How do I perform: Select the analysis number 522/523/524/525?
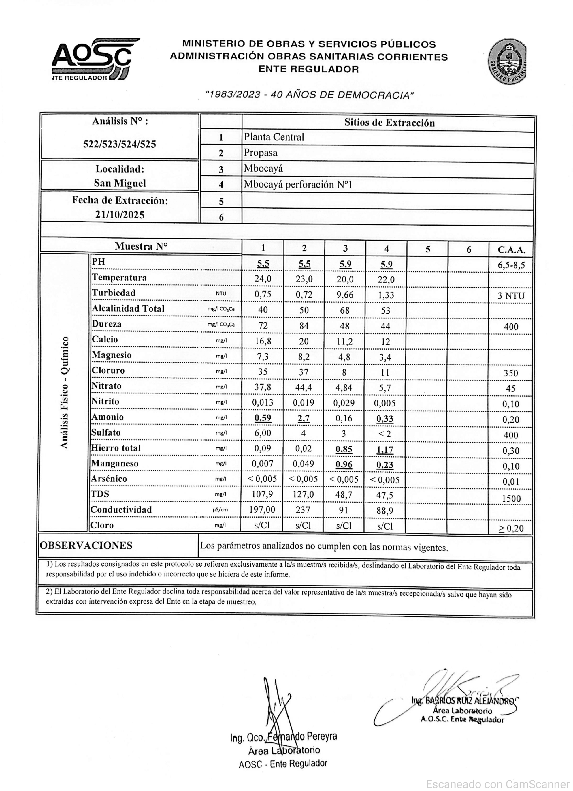click(120, 144)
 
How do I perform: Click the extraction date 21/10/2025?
click(120, 215)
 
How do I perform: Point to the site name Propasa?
click(261, 153)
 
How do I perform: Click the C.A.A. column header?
click(511, 250)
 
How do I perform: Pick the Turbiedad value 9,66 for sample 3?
click(345, 295)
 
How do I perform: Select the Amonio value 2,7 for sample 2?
click(304, 419)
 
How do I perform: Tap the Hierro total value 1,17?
click(385, 449)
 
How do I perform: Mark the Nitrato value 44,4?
click(304, 387)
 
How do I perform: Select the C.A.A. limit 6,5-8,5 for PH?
click(511, 265)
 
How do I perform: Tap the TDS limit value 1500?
click(511, 498)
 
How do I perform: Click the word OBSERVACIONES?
click(86, 546)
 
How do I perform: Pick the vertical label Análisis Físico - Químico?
click(64, 392)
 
